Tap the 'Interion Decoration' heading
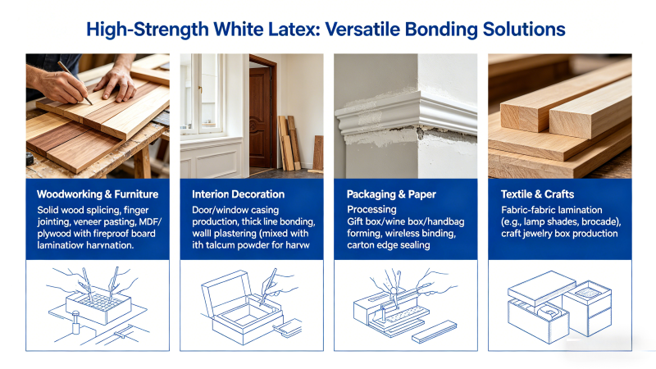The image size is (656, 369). [238, 194]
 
